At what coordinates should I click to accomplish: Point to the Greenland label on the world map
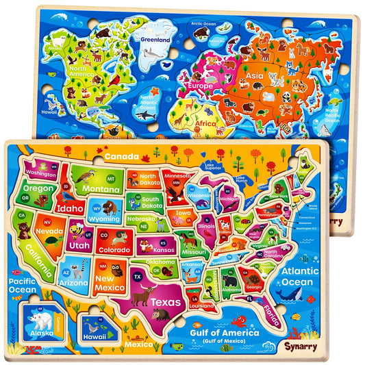155,39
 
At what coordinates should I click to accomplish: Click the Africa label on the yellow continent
189,123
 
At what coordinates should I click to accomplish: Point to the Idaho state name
70,206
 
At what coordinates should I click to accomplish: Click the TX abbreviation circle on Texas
137,276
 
